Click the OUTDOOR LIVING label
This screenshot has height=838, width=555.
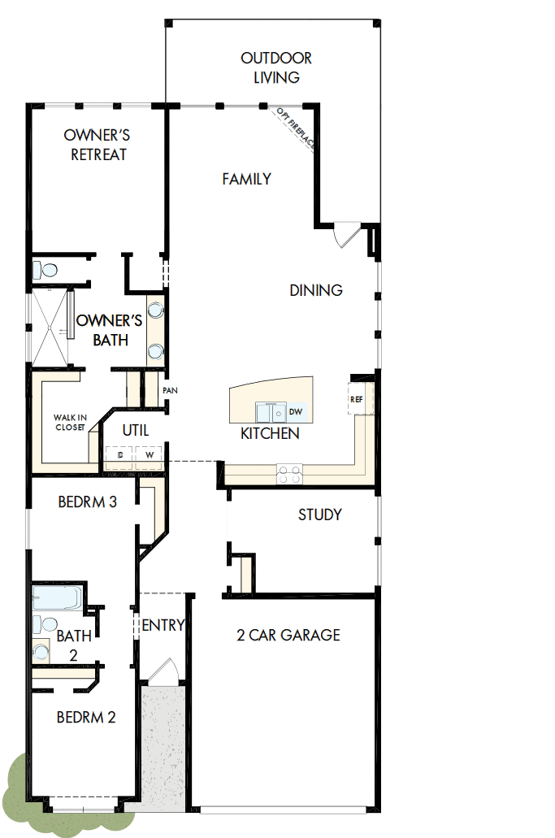pos(276,68)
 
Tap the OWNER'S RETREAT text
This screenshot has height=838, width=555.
pos(98,145)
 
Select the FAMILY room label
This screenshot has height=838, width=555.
pos(246,179)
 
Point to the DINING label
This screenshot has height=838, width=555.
pos(316,290)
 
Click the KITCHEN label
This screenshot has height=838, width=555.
pos(270,433)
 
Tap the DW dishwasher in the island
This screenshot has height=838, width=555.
pos(296,412)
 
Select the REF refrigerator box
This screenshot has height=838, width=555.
pos(357,399)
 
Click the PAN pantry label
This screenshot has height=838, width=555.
pos(170,391)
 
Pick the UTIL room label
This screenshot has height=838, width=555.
pos(135,429)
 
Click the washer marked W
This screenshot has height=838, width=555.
pos(150,455)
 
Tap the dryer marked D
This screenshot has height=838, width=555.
pos(120,455)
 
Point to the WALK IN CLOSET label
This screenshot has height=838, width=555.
pos(70,422)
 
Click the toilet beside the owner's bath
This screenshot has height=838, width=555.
pos(46,269)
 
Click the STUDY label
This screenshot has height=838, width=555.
pos(319,515)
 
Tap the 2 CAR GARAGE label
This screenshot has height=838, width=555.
pos(288,635)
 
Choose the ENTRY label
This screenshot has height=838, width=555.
pos(163,625)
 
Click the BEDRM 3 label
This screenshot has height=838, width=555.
pos(87,502)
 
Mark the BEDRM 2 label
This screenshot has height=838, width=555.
pos(86,717)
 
